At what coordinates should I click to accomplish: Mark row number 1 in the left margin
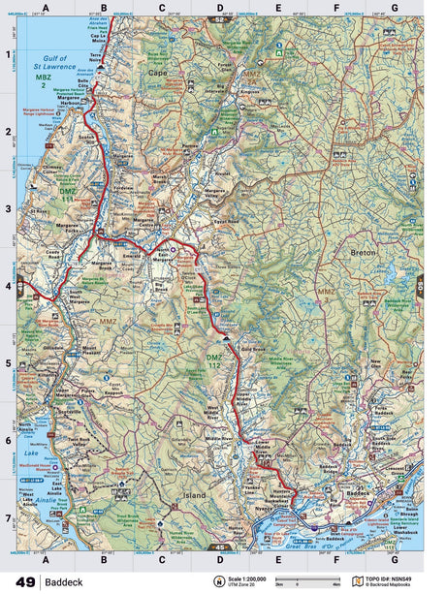(x=8, y=55)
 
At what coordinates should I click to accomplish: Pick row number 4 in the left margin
(x=8, y=286)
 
